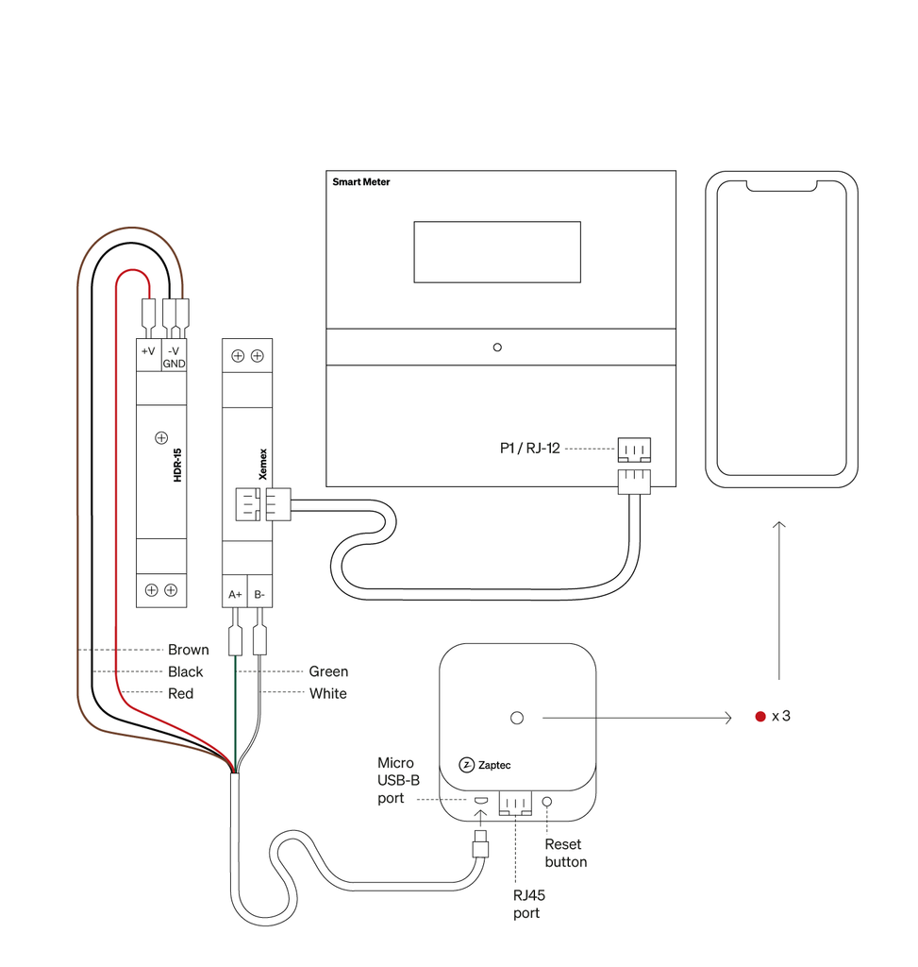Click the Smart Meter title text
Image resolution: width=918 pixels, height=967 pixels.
point(360,181)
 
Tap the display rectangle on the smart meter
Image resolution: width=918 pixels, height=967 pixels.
point(496,251)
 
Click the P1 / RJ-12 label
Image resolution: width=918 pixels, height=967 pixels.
point(529,449)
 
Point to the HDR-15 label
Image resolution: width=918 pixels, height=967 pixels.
point(177,466)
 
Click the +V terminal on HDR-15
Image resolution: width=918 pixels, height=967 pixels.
point(148,350)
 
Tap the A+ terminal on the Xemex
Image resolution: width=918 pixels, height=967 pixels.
point(235,596)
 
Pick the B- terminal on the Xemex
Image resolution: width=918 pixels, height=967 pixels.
point(259,596)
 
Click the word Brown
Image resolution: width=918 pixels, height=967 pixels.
point(188,650)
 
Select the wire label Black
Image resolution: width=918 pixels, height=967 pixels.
point(185,671)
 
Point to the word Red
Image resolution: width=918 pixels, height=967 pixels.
point(180,693)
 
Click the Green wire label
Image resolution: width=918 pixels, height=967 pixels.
point(328,671)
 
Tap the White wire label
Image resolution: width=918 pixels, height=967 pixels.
point(327,693)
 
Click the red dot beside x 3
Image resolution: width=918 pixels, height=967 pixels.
point(759,716)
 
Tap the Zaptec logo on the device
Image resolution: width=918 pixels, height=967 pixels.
point(485,765)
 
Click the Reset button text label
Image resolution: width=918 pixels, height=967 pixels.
point(565,853)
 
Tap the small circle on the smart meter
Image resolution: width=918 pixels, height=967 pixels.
point(497,348)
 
